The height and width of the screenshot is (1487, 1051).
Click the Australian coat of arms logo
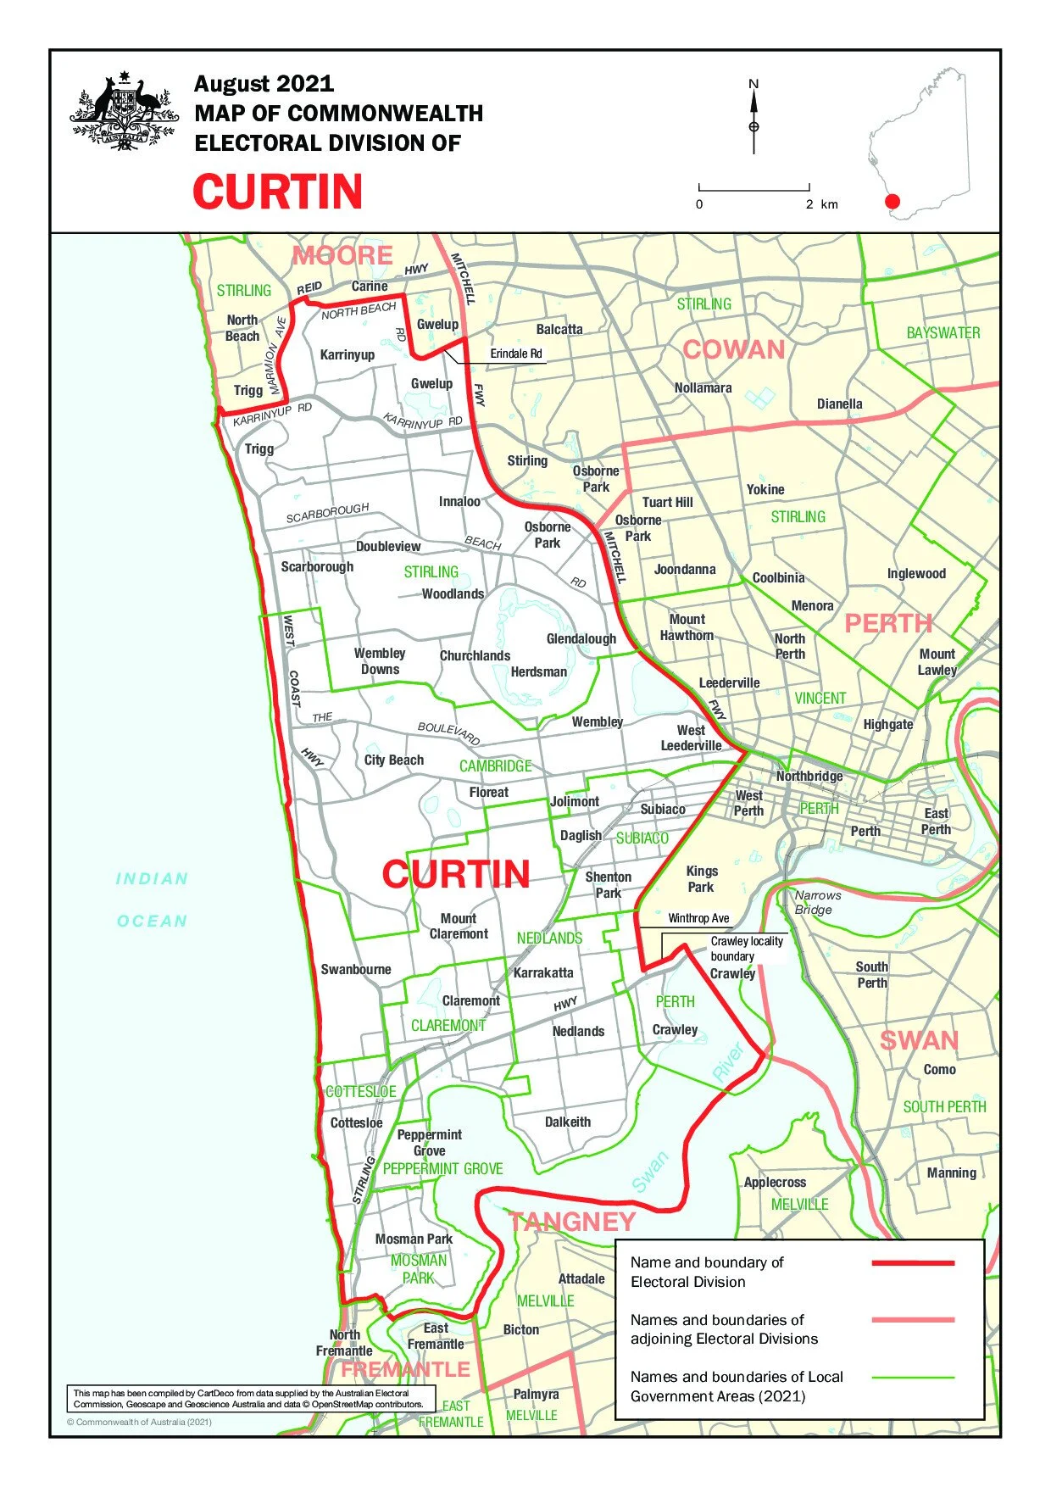click(x=124, y=113)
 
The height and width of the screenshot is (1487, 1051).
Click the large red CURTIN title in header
click(x=278, y=192)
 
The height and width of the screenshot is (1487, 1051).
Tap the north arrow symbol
click(x=753, y=119)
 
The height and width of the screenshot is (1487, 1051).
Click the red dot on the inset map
click(x=891, y=202)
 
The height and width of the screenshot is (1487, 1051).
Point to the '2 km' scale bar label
click(x=821, y=204)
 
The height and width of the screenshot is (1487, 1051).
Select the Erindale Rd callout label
click(x=515, y=354)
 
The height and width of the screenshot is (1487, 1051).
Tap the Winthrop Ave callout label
click(x=698, y=918)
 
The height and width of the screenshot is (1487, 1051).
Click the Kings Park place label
click(x=701, y=879)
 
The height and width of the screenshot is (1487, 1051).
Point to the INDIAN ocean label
click(x=152, y=879)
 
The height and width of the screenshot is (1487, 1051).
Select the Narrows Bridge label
click(x=817, y=902)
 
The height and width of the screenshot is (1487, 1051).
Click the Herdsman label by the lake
click(x=538, y=672)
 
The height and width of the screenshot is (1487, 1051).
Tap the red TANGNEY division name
click(x=572, y=1221)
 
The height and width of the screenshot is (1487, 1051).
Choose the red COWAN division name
click(x=734, y=349)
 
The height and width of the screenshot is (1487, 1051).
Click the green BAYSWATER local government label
click(x=943, y=333)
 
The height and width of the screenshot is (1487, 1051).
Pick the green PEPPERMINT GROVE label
click(x=442, y=1169)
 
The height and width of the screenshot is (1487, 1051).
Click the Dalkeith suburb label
click(x=567, y=1122)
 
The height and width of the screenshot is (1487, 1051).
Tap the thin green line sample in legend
click(x=912, y=1378)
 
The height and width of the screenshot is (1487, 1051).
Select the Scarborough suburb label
click(x=317, y=566)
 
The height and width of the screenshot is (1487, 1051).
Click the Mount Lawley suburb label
click(x=937, y=662)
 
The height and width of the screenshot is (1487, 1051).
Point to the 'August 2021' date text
click(x=264, y=84)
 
